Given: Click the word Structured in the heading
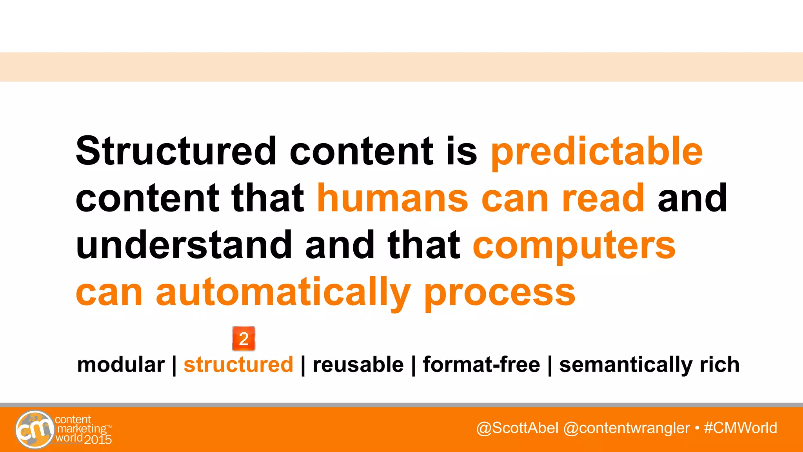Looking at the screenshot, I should click(x=176, y=151).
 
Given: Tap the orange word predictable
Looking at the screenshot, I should click(x=597, y=152).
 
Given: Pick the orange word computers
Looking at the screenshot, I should click(x=574, y=246).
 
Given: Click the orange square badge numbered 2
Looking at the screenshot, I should click(x=243, y=338).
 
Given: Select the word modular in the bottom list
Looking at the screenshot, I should click(x=121, y=365).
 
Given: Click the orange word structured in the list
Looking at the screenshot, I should click(x=238, y=365).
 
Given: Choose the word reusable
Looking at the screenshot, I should click(x=358, y=365).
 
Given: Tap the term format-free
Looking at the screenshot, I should click(x=481, y=365).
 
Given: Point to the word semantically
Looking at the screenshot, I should click(x=625, y=365).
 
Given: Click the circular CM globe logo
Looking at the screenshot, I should click(x=35, y=430).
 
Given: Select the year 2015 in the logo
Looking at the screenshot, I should click(x=98, y=439).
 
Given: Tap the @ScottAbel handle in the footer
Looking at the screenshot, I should click(x=517, y=428).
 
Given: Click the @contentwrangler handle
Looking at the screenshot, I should click(x=626, y=428).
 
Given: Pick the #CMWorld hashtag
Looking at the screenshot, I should click(x=740, y=428).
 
